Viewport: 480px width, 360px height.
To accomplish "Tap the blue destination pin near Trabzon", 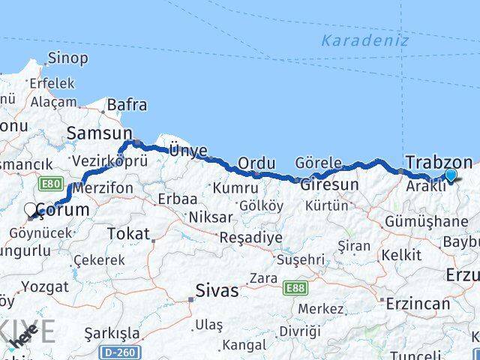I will point(450,175).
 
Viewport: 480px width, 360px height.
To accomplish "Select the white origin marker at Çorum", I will point(31,210).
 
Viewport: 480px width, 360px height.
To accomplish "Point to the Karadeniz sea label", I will point(365,40).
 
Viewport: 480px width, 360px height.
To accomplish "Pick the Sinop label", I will point(67,58).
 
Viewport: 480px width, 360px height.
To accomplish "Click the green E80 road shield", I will point(51,183).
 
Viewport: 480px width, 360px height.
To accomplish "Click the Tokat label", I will point(128,233).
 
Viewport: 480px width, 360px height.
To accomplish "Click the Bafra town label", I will point(127,105).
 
